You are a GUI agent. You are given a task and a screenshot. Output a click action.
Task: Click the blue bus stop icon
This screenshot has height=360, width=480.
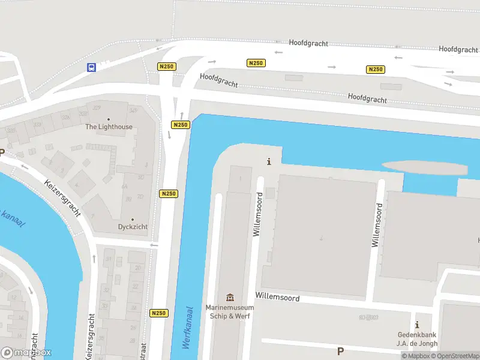91,68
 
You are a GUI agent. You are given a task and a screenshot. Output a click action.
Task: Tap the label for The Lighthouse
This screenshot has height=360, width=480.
109,127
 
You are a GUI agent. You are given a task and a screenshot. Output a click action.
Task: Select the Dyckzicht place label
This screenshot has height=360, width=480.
133,227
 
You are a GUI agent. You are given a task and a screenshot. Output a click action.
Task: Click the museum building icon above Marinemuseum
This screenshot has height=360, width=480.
230,298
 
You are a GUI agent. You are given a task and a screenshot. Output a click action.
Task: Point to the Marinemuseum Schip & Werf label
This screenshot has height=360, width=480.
230,312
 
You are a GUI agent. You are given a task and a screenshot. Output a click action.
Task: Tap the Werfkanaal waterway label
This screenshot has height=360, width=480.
187,328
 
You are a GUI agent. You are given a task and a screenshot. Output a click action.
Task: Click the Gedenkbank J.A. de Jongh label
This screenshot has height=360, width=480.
417,340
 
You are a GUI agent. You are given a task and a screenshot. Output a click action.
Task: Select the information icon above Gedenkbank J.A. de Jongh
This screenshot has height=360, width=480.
417,325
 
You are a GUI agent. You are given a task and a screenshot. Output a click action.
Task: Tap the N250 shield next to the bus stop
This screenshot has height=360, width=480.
167,67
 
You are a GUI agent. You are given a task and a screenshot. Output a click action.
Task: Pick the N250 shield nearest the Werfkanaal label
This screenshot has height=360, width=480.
159,313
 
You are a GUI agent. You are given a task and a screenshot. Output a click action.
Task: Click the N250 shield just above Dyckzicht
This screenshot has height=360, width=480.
169,194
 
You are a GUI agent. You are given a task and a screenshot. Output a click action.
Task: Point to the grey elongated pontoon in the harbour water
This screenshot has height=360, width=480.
424,167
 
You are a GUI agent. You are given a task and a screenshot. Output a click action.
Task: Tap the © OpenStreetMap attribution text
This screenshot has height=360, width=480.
455,356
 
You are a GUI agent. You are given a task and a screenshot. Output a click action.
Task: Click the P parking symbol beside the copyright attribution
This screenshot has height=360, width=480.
341,351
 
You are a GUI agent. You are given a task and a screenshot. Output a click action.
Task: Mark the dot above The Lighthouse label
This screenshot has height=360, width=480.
109,119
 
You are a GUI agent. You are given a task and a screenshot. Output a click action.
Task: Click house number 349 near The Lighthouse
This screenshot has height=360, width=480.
133,110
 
